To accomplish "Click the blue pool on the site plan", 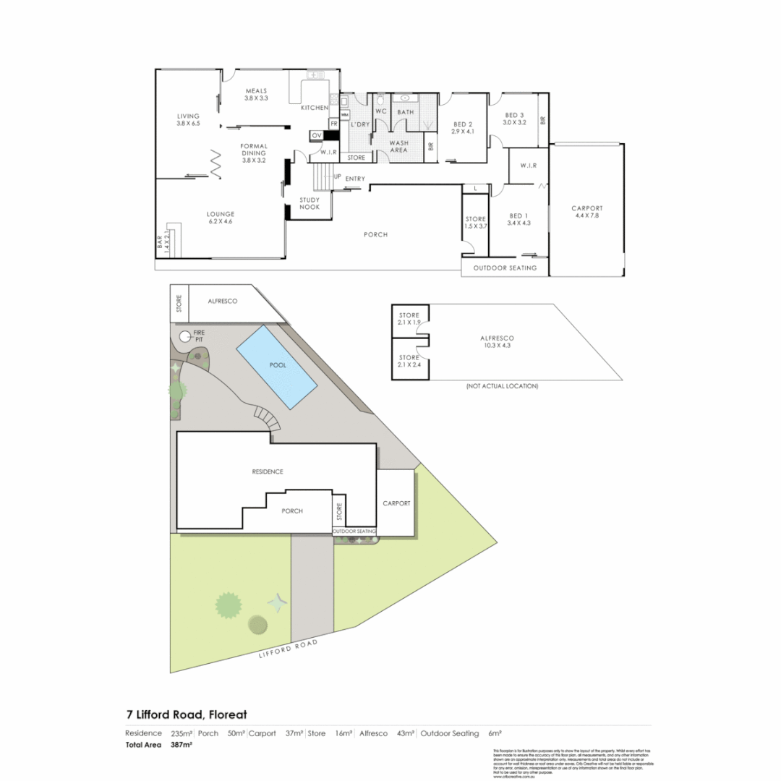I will tap(277, 365).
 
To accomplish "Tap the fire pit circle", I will tap(185, 336).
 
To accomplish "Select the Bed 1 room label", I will tap(519, 219).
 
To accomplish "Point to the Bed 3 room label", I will tap(513, 119).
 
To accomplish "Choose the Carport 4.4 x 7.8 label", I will tap(586, 211).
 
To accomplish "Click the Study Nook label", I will tap(310, 202).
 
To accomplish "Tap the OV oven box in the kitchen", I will tap(316, 135).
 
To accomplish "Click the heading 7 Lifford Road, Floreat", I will tap(186, 714).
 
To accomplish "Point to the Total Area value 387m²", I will tap(182, 744).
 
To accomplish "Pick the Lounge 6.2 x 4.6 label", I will tap(221, 218).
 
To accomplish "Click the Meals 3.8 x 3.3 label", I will tap(256, 94).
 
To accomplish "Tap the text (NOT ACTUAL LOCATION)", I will tap(502, 387).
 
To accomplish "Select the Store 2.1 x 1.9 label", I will tap(409, 319).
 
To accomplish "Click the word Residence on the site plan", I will tap(268, 471).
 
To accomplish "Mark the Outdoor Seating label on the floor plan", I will tap(505, 268).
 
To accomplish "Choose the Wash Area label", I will tap(398, 146).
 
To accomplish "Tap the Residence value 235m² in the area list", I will tap(181, 733).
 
